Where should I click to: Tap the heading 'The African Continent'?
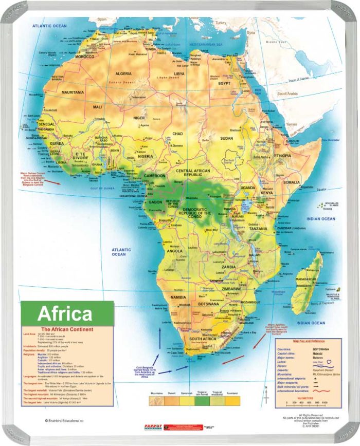tap(67, 329)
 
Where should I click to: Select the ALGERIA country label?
tap(123, 73)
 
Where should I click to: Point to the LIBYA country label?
tap(179, 73)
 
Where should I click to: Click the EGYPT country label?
tap(225, 83)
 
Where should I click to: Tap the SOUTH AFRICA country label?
tap(202, 340)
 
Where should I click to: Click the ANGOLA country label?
tap(175, 251)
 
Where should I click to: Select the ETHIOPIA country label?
tap(282, 155)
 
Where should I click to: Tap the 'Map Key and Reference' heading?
tap(309, 341)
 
